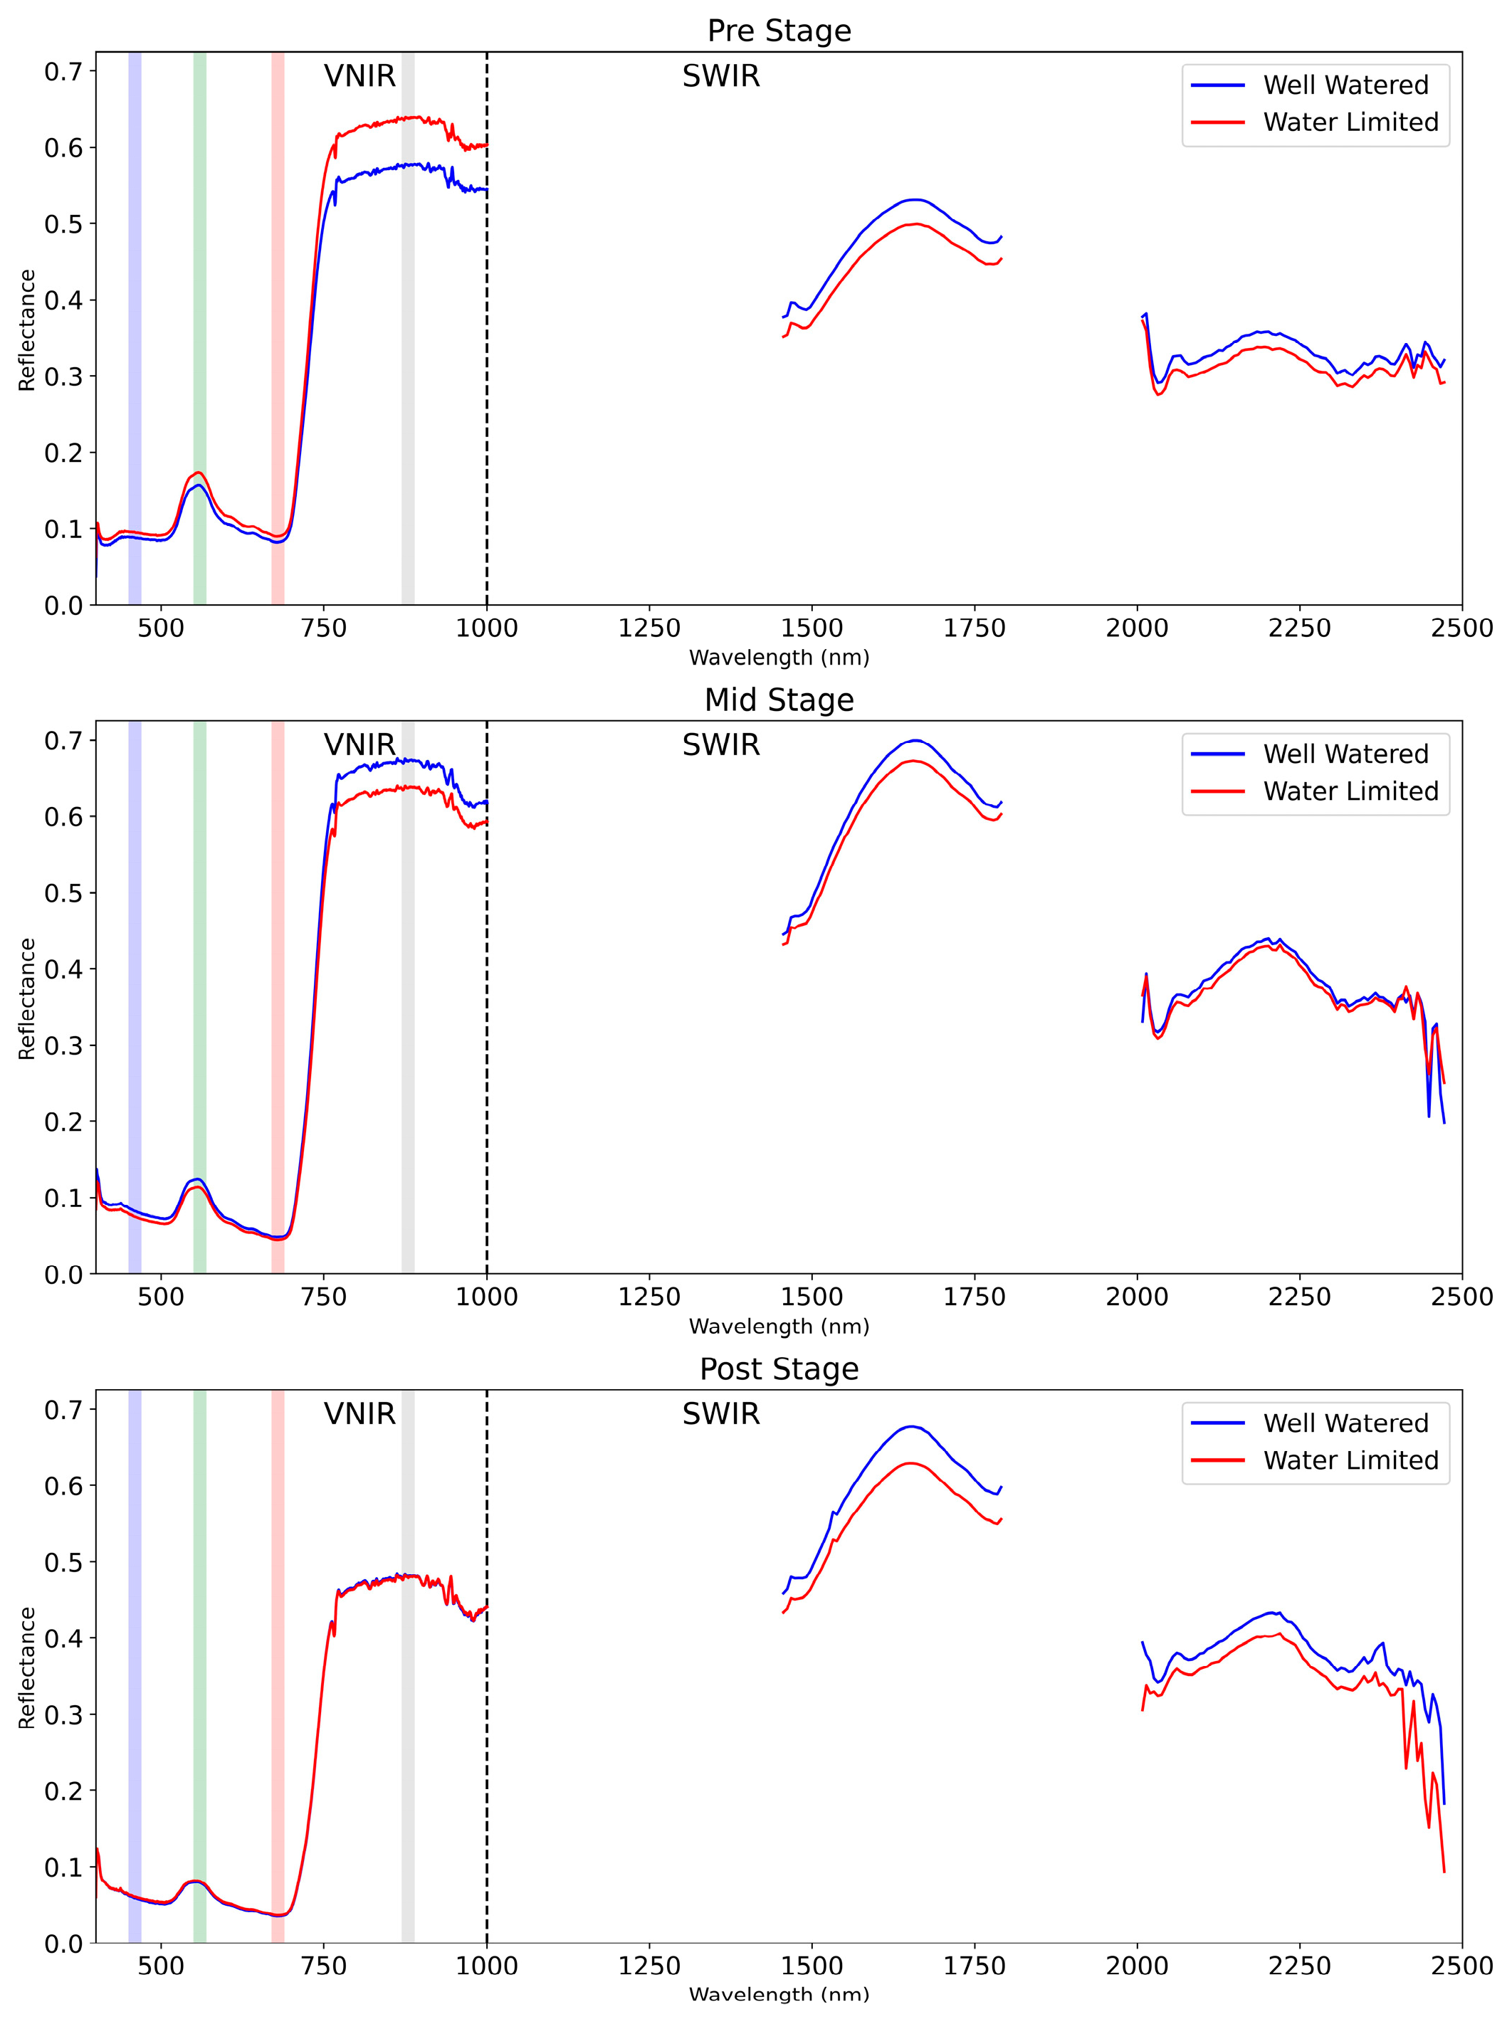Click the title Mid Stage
779,700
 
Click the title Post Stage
779,1368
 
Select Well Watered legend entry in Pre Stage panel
1345,85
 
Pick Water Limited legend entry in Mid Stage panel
1350,791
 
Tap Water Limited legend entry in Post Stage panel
1350,1460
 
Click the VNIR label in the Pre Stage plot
359,75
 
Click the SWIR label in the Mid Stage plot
720,745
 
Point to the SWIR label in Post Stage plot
720,1414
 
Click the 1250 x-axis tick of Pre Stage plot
649,628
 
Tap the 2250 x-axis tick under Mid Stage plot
1300,1297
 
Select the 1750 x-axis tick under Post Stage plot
975,1966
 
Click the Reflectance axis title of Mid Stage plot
26,998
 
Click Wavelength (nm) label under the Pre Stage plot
779,658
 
